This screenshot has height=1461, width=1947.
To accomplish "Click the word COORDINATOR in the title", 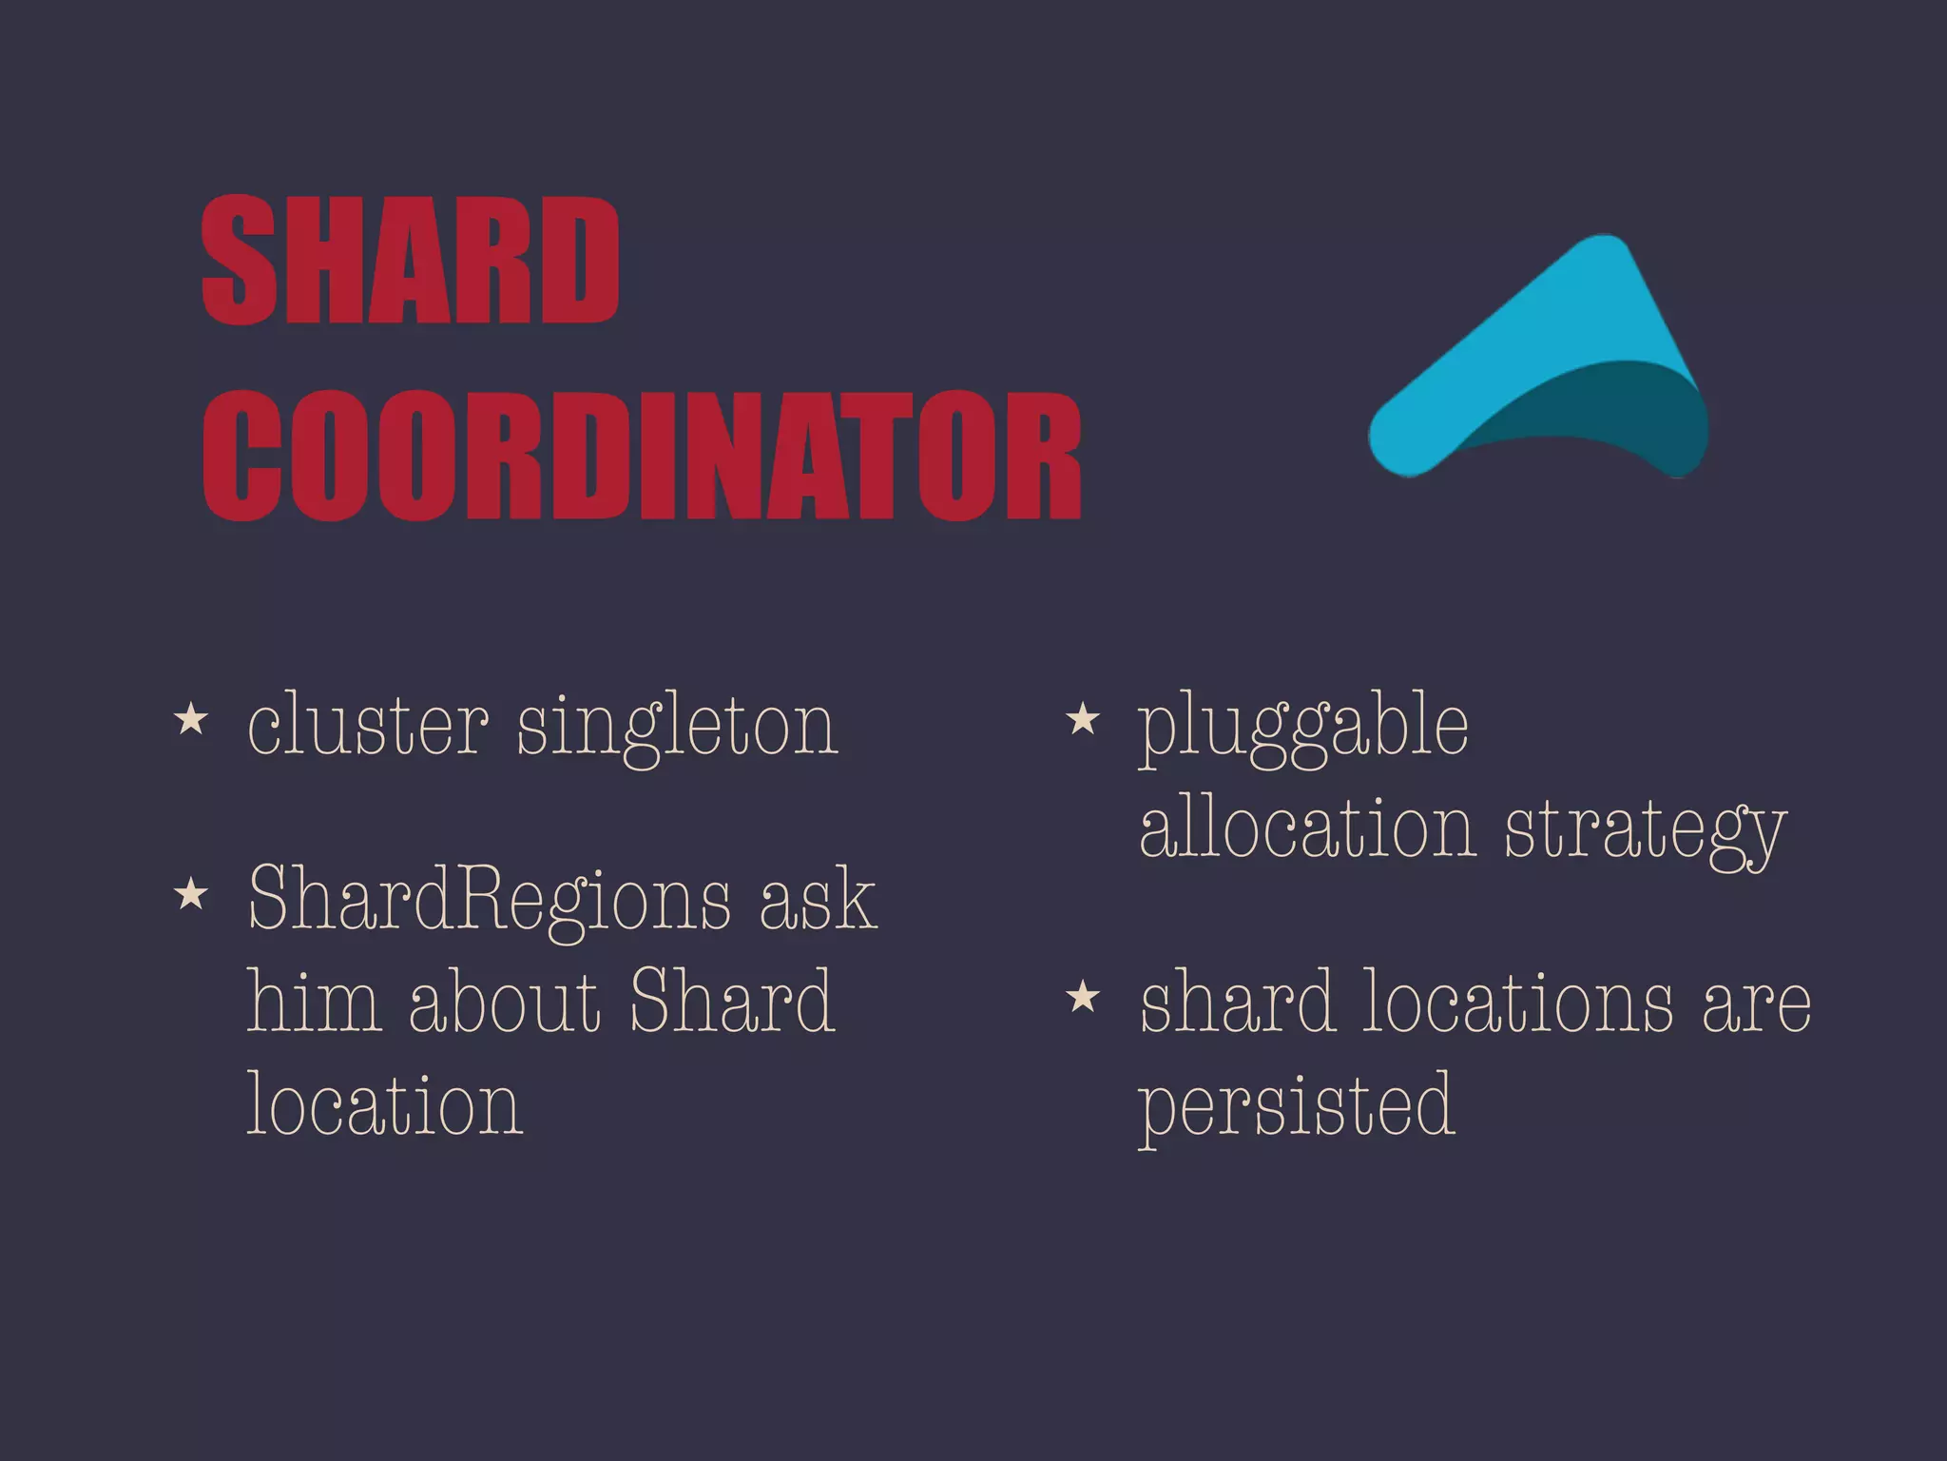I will click(643, 456).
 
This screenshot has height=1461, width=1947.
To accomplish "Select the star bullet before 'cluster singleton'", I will click(191, 719).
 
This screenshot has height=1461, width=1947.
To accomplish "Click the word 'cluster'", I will click(368, 726).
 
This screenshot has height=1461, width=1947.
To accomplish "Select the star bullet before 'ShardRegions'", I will click(191, 893).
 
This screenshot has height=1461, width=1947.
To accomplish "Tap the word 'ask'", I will click(817, 900).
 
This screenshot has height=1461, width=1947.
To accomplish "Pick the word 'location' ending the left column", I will click(385, 1105).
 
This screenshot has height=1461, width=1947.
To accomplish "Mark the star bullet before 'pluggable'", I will click(1083, 719).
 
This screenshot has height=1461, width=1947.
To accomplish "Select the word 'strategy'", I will click(1645, 833).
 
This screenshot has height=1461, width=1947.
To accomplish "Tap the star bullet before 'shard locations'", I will click(1083, 997).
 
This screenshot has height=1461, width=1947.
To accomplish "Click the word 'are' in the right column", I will click(1756, 1005).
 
